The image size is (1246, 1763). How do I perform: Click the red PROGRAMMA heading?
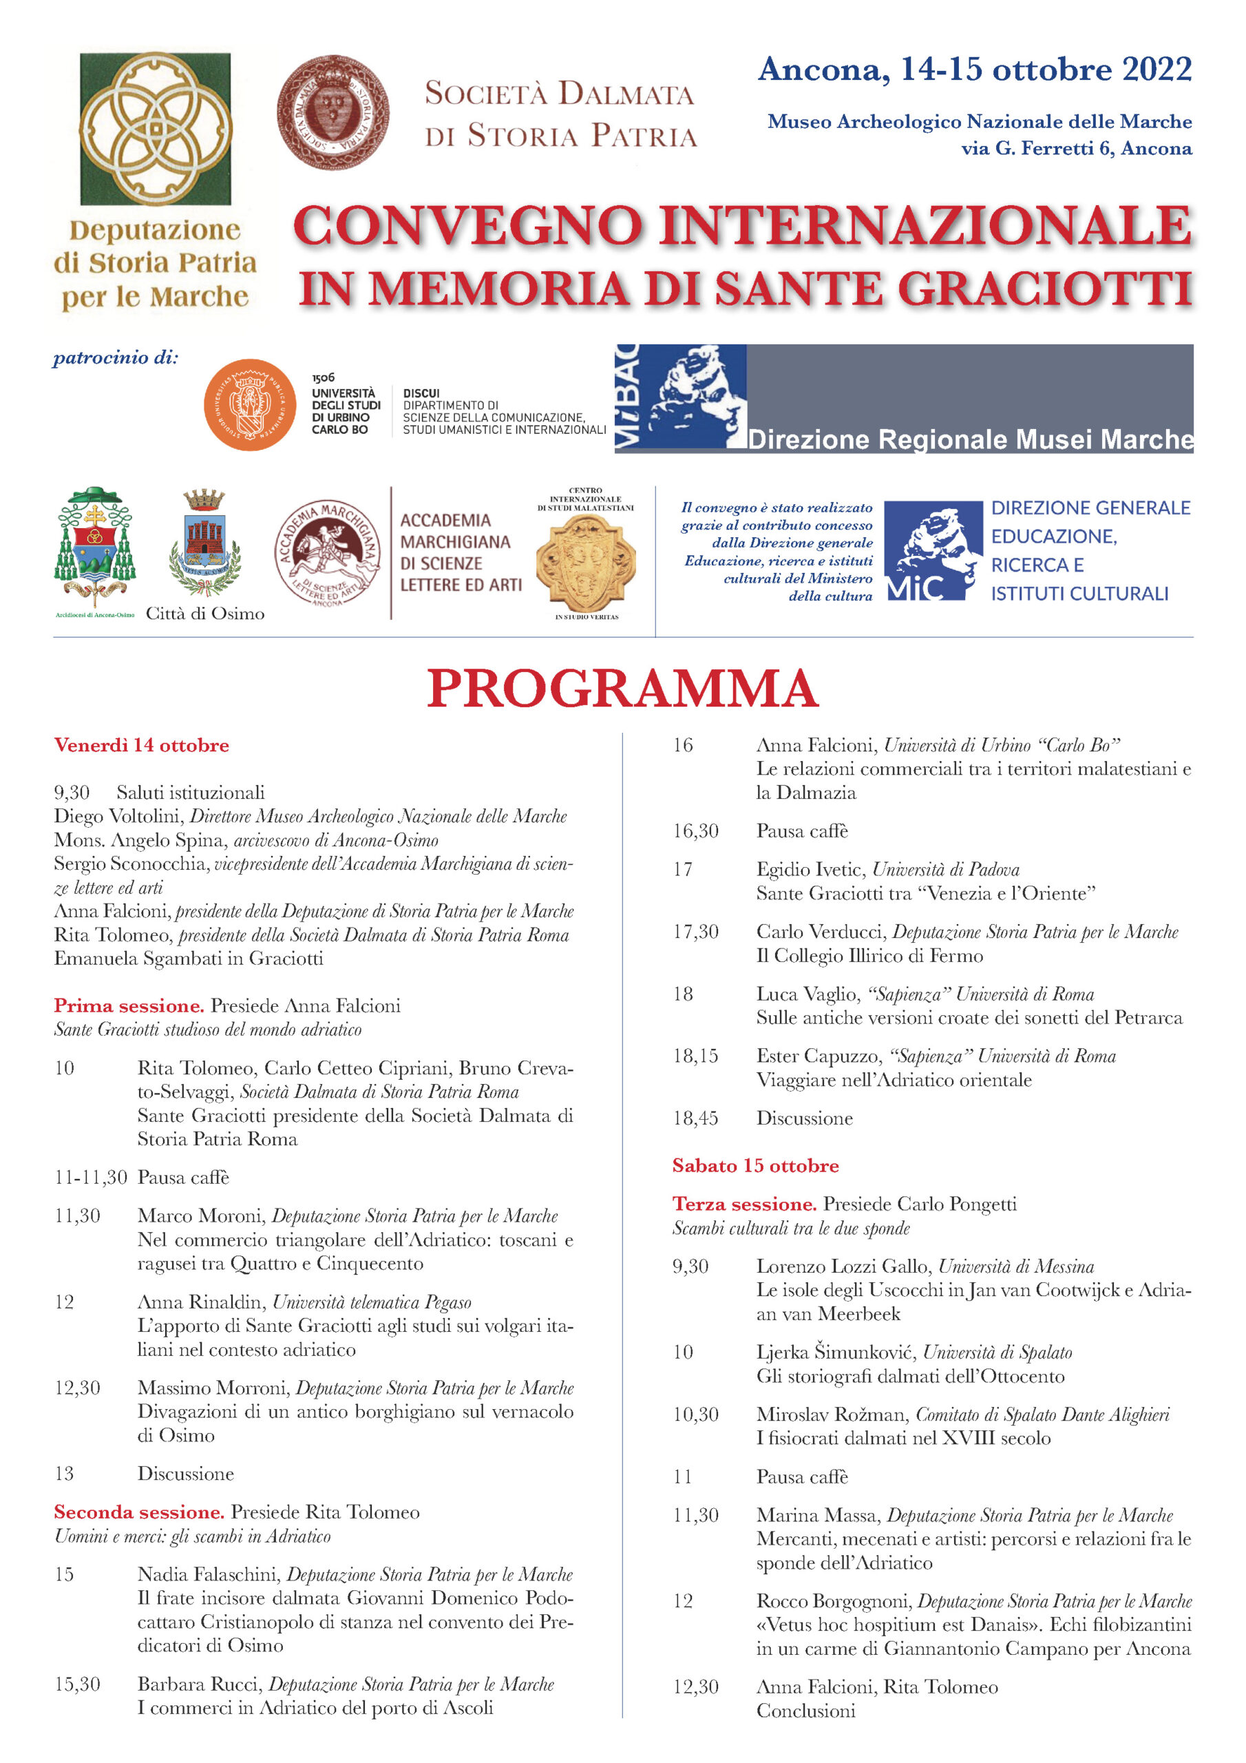point(622,688)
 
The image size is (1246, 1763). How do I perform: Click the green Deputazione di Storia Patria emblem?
point(155,128)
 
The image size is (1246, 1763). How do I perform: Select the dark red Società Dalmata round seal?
point(332,112)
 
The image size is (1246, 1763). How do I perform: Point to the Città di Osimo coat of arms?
point(204,543)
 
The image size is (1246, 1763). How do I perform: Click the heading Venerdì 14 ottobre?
point(141,745)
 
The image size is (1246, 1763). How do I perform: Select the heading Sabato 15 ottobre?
point(754,1166)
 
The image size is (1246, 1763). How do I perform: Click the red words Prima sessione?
point(128,1005)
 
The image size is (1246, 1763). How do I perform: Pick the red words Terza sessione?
point(744,1204)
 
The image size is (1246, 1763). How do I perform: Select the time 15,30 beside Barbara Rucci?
point(77,1684)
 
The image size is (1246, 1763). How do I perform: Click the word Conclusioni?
point(805,1711)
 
